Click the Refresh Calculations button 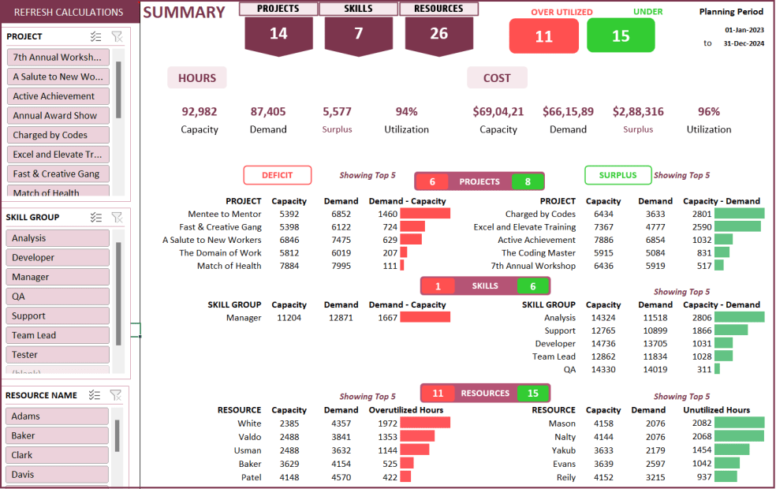click(x=69, y=12)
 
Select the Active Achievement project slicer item click(x=58, y=96)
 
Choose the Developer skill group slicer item click(x=58, y=257)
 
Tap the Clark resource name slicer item click(x=57, y=455)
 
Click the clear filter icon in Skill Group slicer click(x=117, y=218)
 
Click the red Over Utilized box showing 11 click(x=543, y=36)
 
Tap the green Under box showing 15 click(x=621, y=36)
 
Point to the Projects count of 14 click(x=278, y=34)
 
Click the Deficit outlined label click(x=277, y=175)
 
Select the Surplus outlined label click(x=617, y=175)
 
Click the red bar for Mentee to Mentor click(x=425, y=214)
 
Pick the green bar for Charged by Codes click(x=739, y=214)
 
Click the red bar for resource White click(x=425, y=424)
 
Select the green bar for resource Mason click(x=739, y=424)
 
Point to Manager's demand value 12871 click(x=341, y=318)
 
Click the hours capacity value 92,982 click(x=200, y=112)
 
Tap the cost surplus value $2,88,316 click(x=638, y=112)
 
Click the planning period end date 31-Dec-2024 click(x=744, y=43)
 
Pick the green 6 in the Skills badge click(x=533, y=286)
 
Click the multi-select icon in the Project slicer click(x=96, y=37)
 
